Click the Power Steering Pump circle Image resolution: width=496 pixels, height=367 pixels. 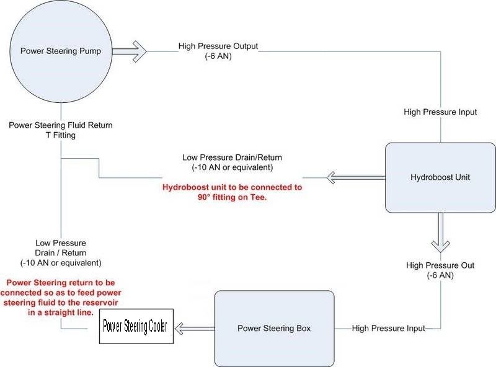[x=60, y=51]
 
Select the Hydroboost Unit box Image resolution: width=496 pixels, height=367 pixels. [x=440, y=177]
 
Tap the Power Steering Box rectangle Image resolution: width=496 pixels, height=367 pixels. [x=274, y=328]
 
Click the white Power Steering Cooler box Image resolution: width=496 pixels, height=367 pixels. [x=138, y=327]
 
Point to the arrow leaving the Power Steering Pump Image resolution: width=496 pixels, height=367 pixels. [x=130, y=51]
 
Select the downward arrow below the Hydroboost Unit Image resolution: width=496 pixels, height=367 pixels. [x=440, y=232]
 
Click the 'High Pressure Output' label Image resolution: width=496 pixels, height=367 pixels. [x=218, y=46]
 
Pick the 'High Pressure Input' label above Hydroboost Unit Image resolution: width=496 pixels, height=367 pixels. [x=440, y=112]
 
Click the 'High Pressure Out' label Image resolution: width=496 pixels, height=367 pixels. [x=440, y=265]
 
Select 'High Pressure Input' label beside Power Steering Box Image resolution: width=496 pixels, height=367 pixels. [x=389, y=328]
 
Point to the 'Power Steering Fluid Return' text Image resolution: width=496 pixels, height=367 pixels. [x=61, y=125]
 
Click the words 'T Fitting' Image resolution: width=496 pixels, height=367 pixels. [x=61, y=135]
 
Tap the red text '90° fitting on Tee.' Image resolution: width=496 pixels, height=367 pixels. [x=232, y=197]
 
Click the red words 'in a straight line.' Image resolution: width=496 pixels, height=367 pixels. [x=60, y=312]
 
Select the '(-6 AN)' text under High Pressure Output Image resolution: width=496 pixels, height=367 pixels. [x=218, y=56]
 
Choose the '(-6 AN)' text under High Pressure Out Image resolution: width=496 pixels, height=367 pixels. [x=440, y=275]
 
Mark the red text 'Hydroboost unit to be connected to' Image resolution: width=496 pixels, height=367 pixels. [x=232, y=187]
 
